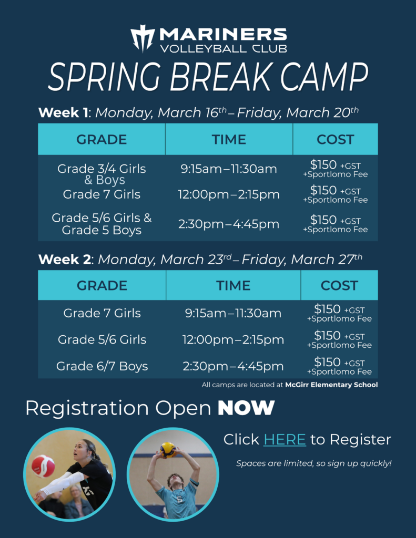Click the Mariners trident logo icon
point(143,38)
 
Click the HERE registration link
point(285,439)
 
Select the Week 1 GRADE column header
point(102,139)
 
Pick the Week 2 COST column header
point(339,286)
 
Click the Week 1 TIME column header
point(229,139)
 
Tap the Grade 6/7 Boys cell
point(102,366)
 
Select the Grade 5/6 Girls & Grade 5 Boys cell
point(102,224)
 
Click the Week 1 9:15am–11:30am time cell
point(229,169)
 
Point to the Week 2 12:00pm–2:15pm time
point(233,340)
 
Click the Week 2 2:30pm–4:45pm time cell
point(233,366)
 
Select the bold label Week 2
point(62,260)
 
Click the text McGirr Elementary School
point(331,385)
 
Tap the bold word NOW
point(246,408)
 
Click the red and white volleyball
point(43,465)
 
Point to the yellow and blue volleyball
point(168,450)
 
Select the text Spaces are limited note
point(313,464)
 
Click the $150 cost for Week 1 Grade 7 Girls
point(323,190)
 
